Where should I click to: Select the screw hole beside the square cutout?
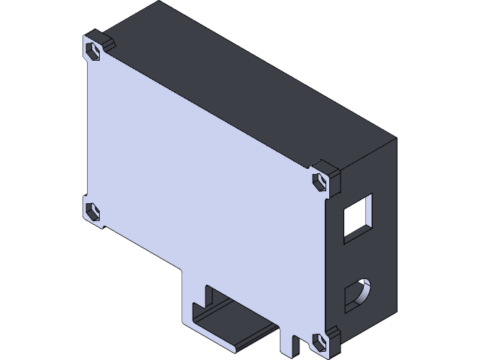point(320,181)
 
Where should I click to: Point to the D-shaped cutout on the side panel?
point(357,295)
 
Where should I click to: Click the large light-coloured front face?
point(202,172)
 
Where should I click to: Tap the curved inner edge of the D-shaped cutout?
point(365,289)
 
